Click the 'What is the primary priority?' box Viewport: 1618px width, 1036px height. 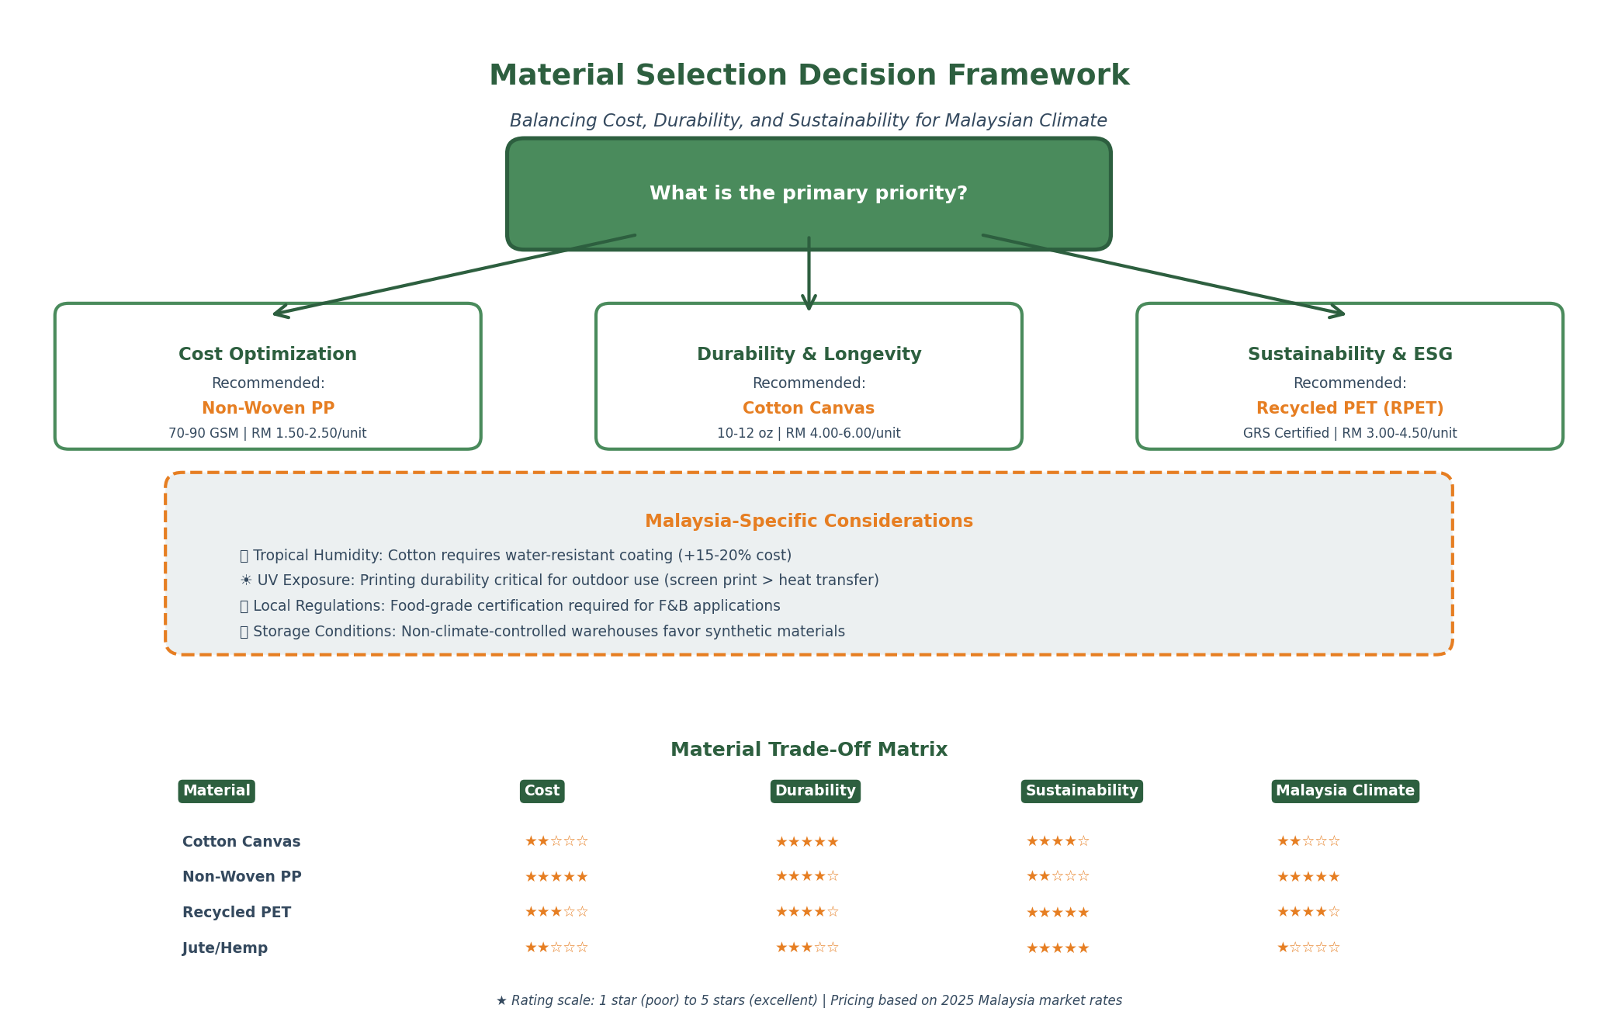point(809,194)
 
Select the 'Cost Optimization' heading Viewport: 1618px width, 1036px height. point(268,355)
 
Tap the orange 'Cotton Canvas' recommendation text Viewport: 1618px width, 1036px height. point(809,409)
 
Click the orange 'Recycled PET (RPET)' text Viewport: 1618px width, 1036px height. point(1349,409)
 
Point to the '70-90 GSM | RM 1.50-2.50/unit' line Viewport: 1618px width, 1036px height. point(268,434)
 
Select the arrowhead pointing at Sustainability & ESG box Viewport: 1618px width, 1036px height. point(1336,312)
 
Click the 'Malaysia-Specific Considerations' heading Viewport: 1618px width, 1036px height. point(809,521)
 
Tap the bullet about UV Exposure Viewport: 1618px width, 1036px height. point(559,580)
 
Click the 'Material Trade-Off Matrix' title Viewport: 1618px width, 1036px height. point(809,750)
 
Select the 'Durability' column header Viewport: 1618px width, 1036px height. point(815,791)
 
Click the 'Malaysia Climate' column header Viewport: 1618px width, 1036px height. point(1345,791)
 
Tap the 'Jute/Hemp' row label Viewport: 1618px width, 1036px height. point(225,948)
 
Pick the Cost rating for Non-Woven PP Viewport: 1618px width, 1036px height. point(556,877)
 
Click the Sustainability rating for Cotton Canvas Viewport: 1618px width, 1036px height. point(1058,841)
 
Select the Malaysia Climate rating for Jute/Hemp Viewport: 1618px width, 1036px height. point(1308,948)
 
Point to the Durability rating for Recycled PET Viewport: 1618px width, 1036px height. point(807,912)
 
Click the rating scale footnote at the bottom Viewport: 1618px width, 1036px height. point(809,1001)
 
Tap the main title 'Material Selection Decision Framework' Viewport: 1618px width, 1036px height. point(809,76)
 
